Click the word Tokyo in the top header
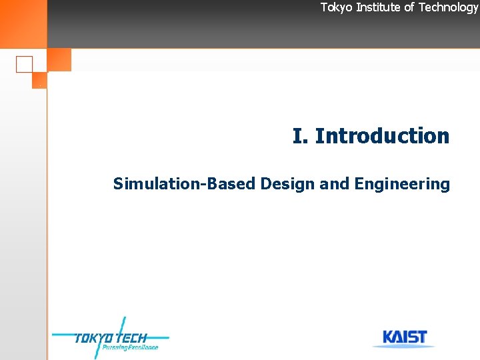pyautogui.click(x=335, y=7)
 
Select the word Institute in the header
pyautogui.click(x=378, y=7)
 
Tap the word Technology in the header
pyautogui.click(x=448, y=7)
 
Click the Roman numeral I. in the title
pyautogui.click(x=300, y=136)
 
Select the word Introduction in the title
pyautogui.click(x=382, y=136)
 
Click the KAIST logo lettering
pyautogui.click(x=405, y=337)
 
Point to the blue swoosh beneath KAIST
pyautogui.click(x=403, y=346)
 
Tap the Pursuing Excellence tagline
pyautogui.click(x=130, y=347)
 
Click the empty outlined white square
pyautogui.click(x=24, y=64)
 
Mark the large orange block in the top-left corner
pyautogui.click(x=23, y=23)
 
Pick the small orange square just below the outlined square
pyautogui.click(x=39, y=81)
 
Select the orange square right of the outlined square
pyautogui.click(x=59, y=60)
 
